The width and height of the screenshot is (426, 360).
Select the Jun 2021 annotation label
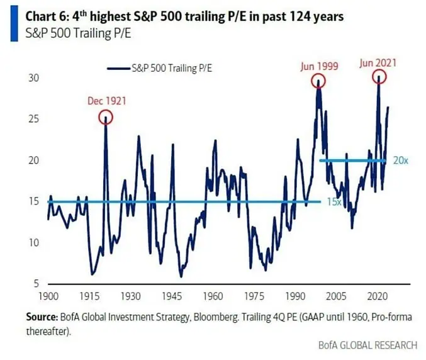coord(379,63)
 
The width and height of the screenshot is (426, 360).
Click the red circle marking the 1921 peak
coord(105,116)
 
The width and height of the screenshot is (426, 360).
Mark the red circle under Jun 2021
coord(379,77)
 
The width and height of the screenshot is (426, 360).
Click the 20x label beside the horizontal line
coord(401,160)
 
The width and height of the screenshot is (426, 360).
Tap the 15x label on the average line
coord(334,202)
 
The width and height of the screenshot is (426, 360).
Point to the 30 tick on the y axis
coord(33,78)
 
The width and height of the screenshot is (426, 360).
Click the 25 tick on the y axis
coord(33,119)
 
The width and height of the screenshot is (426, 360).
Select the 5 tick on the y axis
coord(36,284)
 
